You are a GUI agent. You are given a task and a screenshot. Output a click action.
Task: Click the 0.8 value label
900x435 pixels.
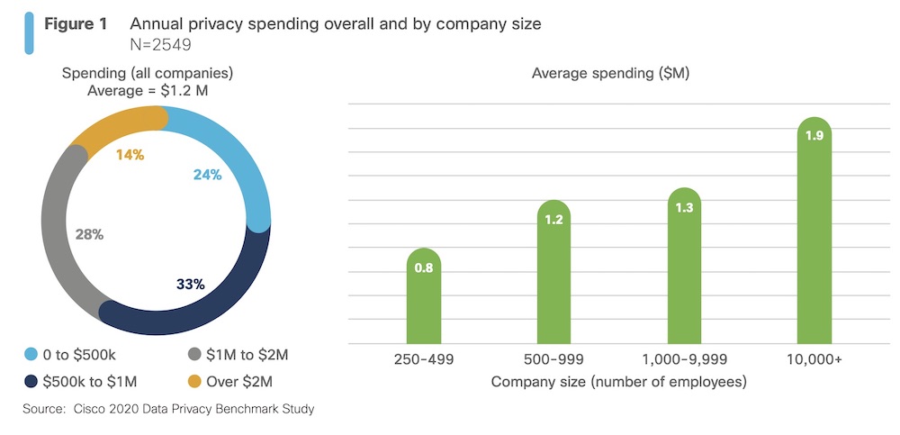pos(424,267)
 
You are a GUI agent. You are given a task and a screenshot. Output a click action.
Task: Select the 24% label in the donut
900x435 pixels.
pos(207,175)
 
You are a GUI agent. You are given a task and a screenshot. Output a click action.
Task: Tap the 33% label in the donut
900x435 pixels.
pos(191,285)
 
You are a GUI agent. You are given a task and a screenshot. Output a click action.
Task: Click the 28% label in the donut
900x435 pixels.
pos(89,234)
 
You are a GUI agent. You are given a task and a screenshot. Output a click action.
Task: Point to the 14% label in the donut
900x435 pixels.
pos(130,154)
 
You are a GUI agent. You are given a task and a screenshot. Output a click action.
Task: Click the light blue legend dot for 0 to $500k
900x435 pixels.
pos(32,355)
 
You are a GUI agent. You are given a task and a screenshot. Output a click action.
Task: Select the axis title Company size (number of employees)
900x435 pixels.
pos(618,381)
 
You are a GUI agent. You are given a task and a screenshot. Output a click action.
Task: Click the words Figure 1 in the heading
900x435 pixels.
pos(76,24)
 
